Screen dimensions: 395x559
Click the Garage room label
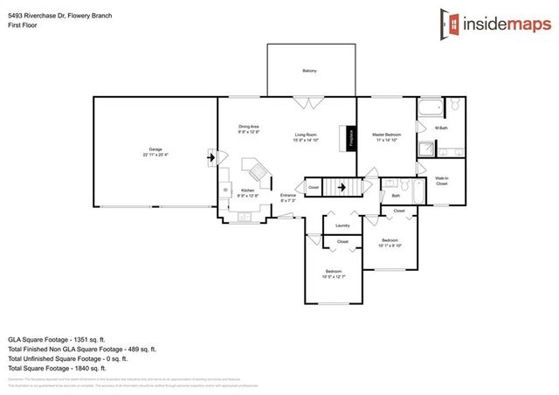coord(155,149)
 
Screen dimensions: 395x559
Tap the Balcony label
coord(309,70)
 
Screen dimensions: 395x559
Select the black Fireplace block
coord(352,138)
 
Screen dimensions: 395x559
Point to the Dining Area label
coord(249,128)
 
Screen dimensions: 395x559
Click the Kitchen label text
coord(247,190)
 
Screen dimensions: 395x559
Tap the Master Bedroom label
coord(385,135)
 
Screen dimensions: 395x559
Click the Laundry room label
coord(342,225)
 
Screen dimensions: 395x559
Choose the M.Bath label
coord(441,128)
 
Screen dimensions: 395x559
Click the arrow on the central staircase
coord(343,185)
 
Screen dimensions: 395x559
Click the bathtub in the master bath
coord(431,109)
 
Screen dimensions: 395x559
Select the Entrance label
coord(288,197)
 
